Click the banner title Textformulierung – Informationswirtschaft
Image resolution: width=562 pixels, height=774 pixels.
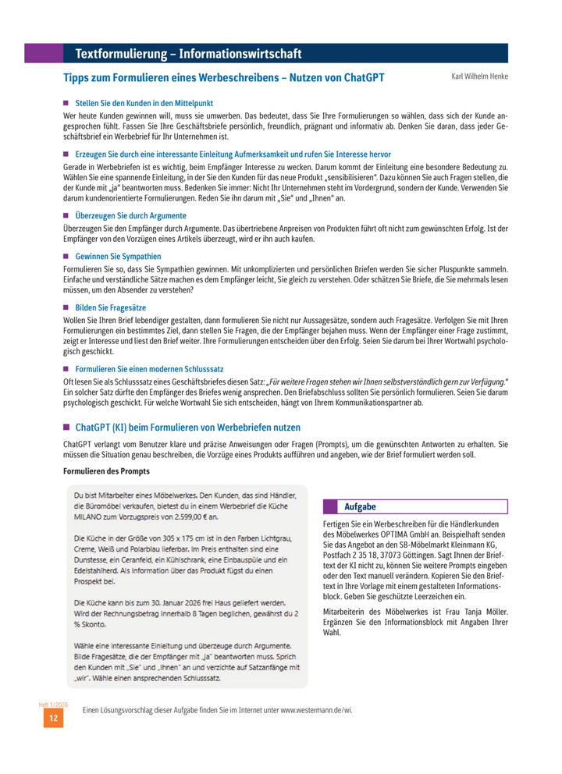(x=188, y=54)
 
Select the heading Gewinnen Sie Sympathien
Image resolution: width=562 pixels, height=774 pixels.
(x=118, y=256)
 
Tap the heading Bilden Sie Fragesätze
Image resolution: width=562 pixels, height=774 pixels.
(x=110, y=307)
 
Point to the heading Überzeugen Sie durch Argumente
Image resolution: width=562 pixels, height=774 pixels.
(x=130, y=215)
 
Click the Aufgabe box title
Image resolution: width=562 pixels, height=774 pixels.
(x=360, y=506)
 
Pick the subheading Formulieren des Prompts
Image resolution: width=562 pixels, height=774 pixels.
(x=106, y=471)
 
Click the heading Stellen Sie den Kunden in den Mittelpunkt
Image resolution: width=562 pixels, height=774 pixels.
(x=144, y=103)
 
